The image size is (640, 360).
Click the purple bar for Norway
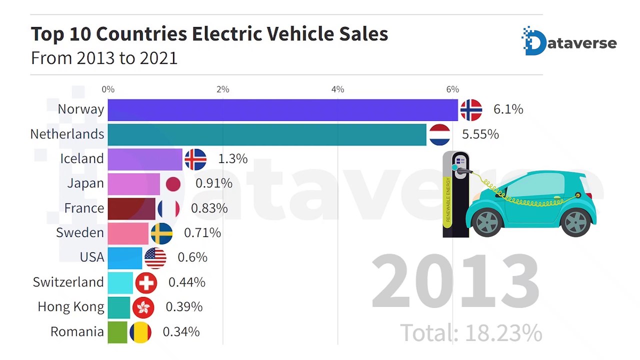click(x=282, y=110)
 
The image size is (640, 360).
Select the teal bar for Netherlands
click(x=267, y=134)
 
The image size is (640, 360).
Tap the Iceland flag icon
click(x=195, y=159)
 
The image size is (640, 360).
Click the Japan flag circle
click(x=173, y=184)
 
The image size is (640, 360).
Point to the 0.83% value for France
click(x=209, y=208)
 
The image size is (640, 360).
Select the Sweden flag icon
click(x=161, y=233)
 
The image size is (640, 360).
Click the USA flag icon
click(x=155, y=258)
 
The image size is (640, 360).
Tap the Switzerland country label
click(x=68, y=282)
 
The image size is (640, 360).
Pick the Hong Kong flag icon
click(x=143, y=307)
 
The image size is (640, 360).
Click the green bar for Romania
click(x=117, y=332)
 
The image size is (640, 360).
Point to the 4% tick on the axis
click(x=337, y=89)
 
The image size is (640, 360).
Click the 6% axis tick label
click(x=452, y=89)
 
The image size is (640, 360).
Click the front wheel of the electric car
click(x=487, y=222)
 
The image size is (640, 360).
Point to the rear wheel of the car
click(x=575, y=222)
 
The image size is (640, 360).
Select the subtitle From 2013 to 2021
click(x=104, y=58)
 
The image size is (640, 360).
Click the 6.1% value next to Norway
click(x=508, y=109)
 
